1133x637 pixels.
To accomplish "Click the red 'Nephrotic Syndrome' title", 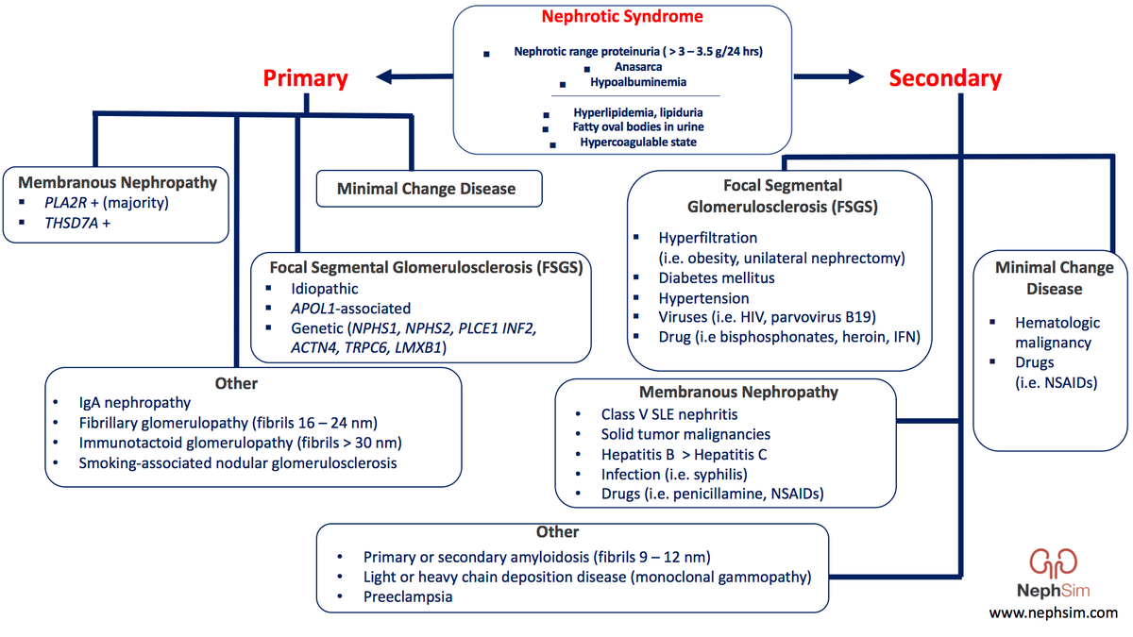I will [x=622, y=17].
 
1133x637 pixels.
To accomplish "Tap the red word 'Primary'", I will [x=305, y=78].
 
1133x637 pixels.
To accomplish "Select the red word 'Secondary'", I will [x=945, y=78].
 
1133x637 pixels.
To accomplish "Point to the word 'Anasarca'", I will [x=638, y=68].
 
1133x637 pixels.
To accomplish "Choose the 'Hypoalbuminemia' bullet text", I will [x=638, y=82].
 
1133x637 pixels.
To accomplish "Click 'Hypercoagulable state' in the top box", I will [x=638, y=142].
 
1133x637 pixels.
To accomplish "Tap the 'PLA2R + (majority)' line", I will [x=105, y=202].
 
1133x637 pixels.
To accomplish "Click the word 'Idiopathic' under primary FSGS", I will [x=325, y=289].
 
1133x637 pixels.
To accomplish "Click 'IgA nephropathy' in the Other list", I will [x=134, y=403].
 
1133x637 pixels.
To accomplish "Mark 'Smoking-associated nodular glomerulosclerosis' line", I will [x=238, y=462].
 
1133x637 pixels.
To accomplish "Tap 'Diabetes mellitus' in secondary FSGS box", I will [x=717, y=277].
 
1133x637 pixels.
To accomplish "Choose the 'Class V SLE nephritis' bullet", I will [x=669, y=414].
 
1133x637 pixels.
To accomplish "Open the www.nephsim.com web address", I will [x=1053, y=613].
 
